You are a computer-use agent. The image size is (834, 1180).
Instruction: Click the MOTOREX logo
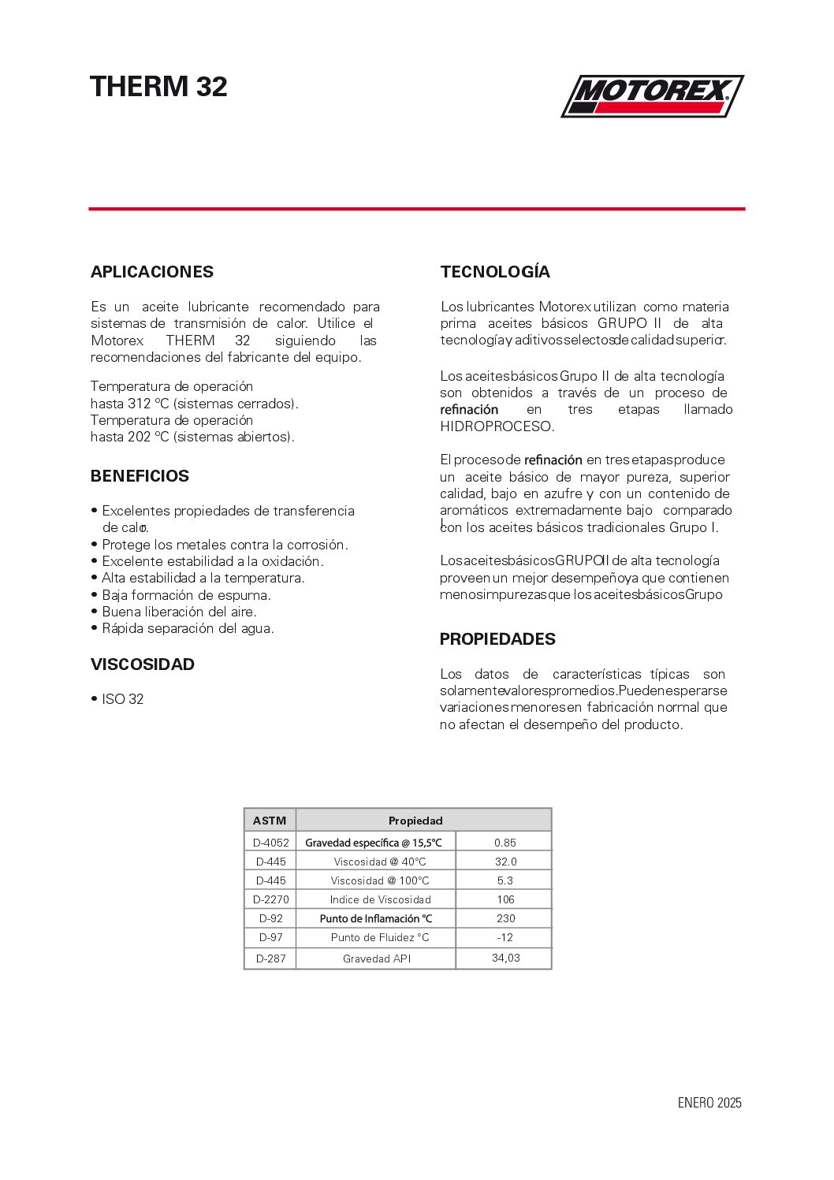tap(652, 95)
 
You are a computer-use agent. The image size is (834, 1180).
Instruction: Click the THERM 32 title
tap(158, 87)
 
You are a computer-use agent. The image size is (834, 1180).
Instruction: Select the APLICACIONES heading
tap(152, 272)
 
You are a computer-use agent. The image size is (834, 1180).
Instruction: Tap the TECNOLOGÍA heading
tap(495, 272)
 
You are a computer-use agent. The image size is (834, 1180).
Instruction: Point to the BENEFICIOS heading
tap(140, 476)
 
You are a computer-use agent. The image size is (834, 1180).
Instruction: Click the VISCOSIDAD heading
tap(143, 664)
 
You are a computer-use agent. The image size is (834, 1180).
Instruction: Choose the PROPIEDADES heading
tap(497, 639)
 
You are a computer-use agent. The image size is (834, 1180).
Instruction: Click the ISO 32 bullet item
tap(122, 699)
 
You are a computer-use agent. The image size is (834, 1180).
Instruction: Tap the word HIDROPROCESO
tap(497, 426)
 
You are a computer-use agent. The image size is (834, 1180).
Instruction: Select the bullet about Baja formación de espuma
tap(186, 595)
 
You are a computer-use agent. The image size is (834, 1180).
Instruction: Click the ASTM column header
tap(270, 821)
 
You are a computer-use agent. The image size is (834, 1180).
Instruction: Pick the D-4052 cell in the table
tap(270, 843)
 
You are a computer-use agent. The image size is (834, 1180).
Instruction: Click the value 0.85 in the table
tap(505, 843)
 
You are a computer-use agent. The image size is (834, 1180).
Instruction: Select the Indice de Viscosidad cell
tap(380, 899)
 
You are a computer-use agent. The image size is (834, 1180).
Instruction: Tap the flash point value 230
tap(505, 918)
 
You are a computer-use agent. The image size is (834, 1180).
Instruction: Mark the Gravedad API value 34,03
tap(505, 958)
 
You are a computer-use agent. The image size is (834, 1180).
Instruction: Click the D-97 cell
tap(270, 937)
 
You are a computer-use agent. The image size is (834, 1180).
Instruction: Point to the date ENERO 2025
tap(709, 1103)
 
